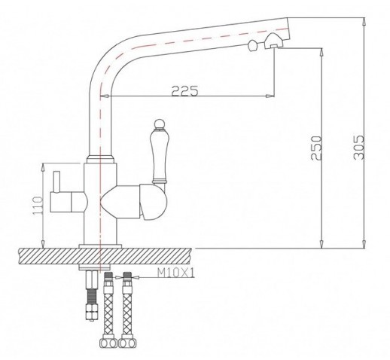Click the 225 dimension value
184,91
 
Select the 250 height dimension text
316,148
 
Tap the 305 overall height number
358,148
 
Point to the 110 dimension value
38,206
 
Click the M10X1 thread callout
176,273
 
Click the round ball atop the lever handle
159,124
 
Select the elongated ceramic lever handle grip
158,157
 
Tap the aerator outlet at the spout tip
273,41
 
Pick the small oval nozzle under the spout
252,46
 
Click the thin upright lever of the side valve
56,182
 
